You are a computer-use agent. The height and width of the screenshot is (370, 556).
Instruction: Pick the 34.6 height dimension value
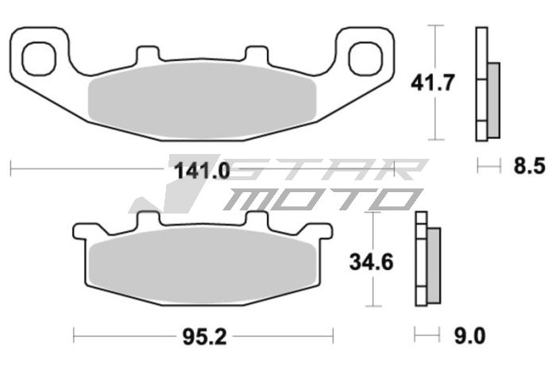[x=372, y=260]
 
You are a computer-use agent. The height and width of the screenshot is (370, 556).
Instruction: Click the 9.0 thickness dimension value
[x=469, y=337]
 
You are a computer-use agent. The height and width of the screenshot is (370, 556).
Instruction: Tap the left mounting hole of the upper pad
[x=37, y=57]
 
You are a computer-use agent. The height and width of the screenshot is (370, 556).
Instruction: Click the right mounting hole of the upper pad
[x=361, y=57]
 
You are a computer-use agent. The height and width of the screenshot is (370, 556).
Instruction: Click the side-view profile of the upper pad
[x=486, y=84]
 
